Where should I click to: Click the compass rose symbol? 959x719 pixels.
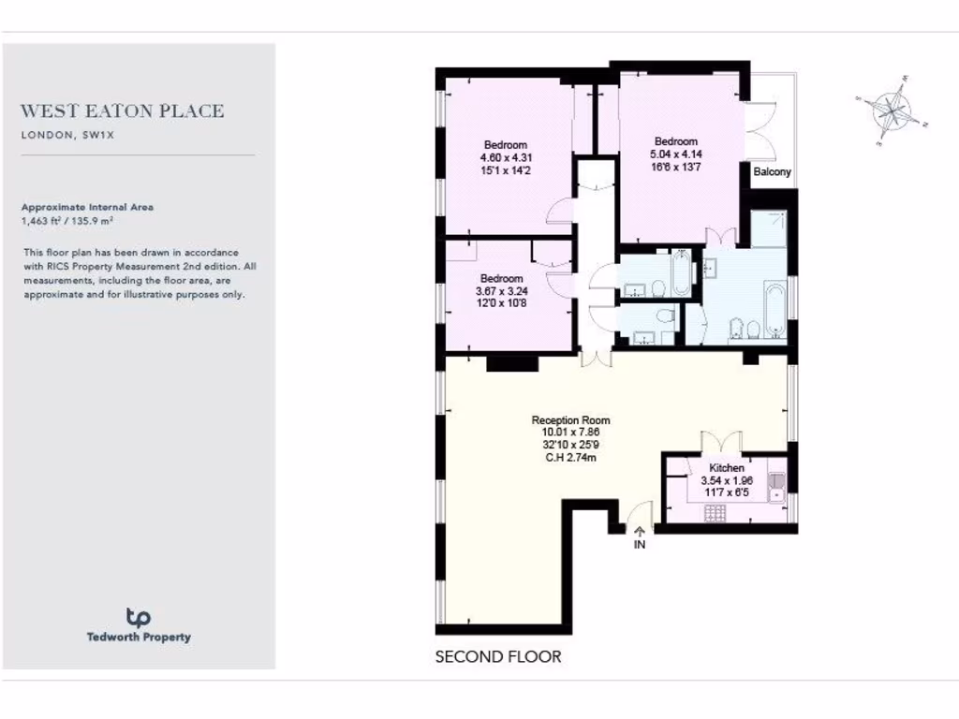point(893,110)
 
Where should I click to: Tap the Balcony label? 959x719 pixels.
point(772,172)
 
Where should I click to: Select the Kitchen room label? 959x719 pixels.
point(727,468)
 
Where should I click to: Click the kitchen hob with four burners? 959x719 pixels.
point(716,513)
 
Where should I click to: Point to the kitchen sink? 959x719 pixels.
point(775,483)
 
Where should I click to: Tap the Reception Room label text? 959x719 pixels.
point(570,420)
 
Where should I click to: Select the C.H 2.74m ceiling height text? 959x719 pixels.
point(570,457)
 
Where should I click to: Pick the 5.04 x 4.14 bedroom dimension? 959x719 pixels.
point(676,154)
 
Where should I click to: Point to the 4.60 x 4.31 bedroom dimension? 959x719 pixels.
point(505,157)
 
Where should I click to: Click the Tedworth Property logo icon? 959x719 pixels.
point(139,617)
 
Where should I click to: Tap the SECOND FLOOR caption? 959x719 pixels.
point(498,657)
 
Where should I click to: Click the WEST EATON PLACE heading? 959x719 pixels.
point(123,111)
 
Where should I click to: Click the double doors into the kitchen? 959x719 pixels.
point(717,442)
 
